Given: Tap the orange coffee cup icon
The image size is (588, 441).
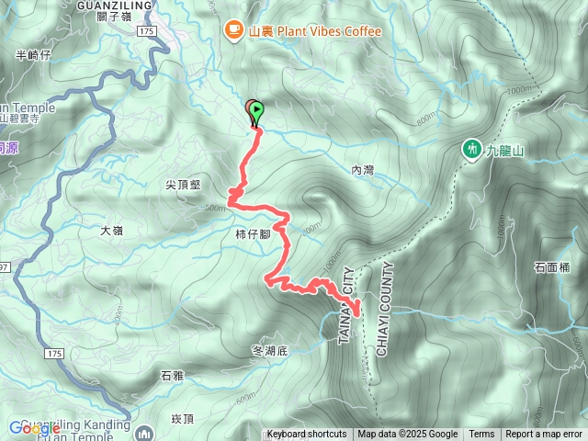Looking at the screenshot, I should [x=233, y=31].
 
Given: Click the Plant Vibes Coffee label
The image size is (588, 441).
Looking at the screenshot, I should [x=314, y=31].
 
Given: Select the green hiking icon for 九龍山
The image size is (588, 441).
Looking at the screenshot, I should [x=472, y=148].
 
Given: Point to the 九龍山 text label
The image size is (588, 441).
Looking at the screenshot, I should [x=503, y=148].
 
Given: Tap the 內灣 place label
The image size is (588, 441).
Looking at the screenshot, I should [x=363, y=170].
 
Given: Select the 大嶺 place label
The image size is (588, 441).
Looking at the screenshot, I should [x=111, y=231].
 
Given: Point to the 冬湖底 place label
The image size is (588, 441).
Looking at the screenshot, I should [x=269, y=351].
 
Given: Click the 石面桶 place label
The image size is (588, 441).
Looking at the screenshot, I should [x=551, y=267].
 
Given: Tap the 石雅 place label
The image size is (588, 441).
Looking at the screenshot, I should [x=172, y=375].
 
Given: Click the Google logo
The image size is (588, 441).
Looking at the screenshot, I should [x=35, y=427].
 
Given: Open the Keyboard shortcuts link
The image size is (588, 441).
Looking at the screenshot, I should [x=307, y=435].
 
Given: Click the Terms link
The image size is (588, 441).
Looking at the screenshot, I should [x=481, y=435].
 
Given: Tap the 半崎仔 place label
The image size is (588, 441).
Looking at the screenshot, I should [x=33, y=55].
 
